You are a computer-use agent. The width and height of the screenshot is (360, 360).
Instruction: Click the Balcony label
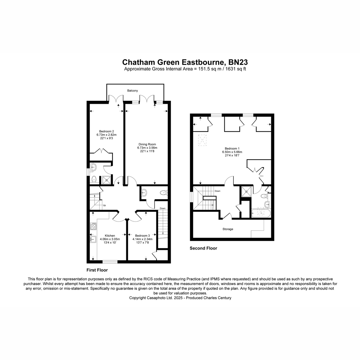point(133,91)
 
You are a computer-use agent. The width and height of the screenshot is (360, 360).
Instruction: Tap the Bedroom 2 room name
point(106,131)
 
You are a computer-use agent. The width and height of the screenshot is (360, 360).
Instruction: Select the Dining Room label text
point(147,144)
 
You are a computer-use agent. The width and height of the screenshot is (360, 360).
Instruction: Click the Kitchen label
point(110,235)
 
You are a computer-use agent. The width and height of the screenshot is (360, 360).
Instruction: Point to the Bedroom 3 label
point(142,235)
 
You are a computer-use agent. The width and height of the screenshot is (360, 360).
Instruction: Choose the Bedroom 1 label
point(232,148)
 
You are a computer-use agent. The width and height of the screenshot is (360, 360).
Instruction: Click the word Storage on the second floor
point(228,229)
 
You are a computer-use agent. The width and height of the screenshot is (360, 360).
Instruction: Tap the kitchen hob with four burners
point(93,226)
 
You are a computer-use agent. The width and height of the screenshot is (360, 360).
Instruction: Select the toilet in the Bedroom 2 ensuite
point(94,179)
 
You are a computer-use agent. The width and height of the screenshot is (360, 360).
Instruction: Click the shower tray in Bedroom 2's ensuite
point(107,180)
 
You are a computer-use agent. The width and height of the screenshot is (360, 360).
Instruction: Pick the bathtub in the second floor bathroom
point(261,213)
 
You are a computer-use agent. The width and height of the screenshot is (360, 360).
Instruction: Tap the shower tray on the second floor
point(247,191)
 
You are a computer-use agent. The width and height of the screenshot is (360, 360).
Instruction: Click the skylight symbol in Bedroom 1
point(202,140)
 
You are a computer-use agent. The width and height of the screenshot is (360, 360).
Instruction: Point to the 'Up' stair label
point(104,205)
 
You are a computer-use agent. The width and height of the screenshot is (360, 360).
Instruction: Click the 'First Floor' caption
point(97,270)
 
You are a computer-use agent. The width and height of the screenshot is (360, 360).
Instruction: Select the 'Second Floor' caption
point(203,248)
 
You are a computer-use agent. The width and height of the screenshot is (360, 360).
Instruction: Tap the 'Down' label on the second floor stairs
point(217,191)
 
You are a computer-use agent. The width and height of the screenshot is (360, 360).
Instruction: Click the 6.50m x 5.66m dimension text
point(232,152)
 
